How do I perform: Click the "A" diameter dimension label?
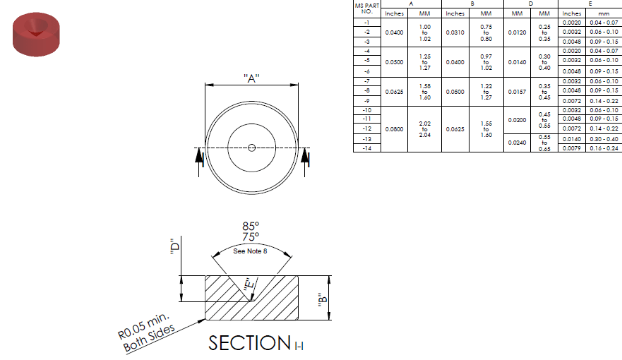pos(251,78)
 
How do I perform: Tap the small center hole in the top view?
pos(251,148)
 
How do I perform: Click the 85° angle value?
pos(251,227)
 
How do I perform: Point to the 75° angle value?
pos(251,237)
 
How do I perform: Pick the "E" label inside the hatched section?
pos(248,285)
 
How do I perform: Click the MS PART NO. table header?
pos(366,8)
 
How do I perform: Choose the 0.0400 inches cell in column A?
pos(394,32)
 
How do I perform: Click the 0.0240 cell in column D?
pos(517,142)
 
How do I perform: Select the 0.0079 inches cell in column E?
pos(571,148)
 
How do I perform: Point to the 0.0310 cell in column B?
pos(455,32)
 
